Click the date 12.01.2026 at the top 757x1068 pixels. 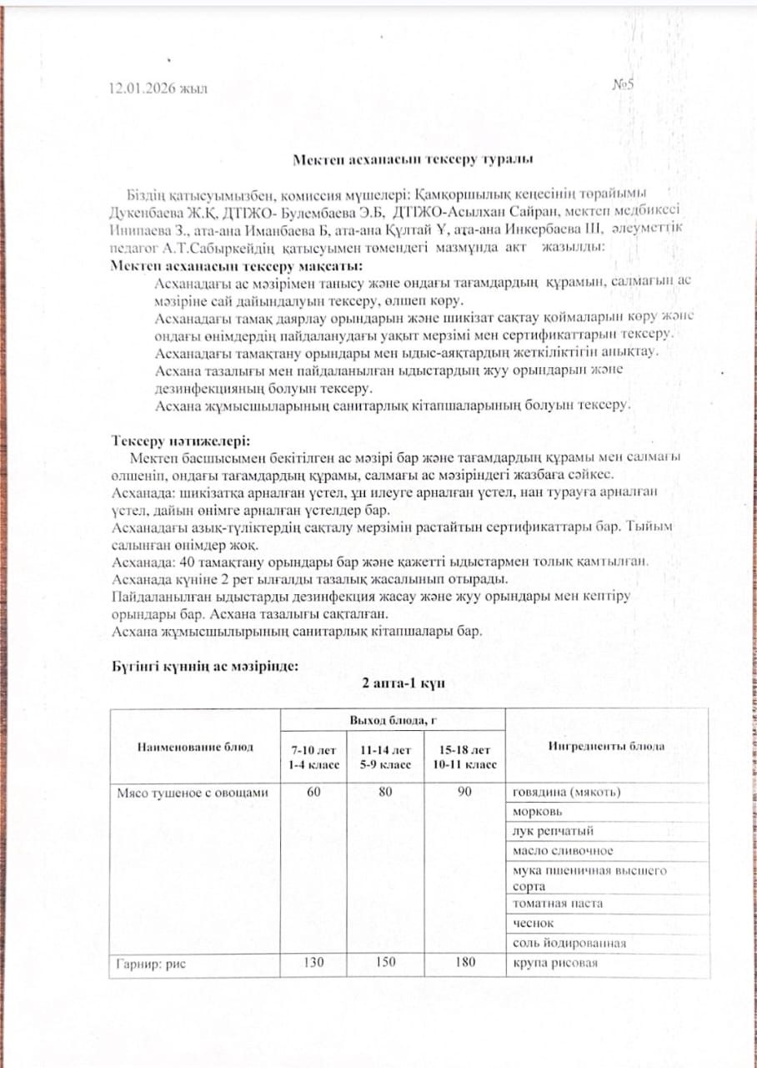pos(158,88)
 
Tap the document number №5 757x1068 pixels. pos(624,84)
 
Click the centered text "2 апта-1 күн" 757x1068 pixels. pos(404,683)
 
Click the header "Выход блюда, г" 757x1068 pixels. pos(391,719)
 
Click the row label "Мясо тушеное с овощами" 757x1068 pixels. pos(192,793)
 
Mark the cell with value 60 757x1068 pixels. pos(313,793)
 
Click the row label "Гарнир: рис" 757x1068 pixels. pos(151,964)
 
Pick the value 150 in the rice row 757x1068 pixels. pos(384,964)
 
